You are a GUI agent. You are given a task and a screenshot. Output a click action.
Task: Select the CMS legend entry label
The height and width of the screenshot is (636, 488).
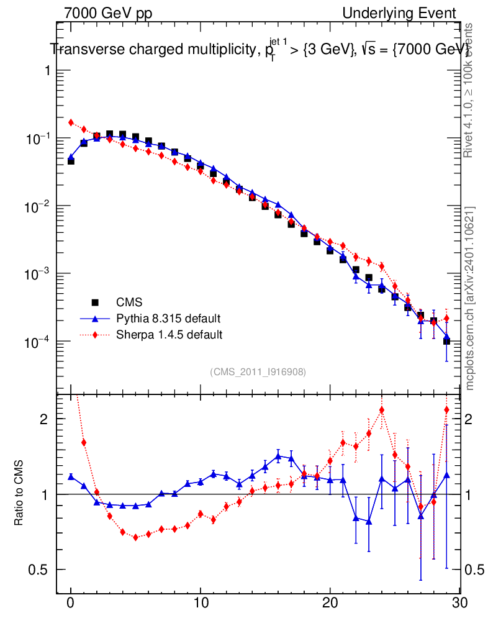pos(130,302)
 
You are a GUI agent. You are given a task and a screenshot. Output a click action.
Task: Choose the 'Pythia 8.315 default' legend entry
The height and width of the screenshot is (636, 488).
pos(168,319)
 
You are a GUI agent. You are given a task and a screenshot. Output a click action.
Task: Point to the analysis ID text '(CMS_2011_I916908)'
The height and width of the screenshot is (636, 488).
pos(258,371)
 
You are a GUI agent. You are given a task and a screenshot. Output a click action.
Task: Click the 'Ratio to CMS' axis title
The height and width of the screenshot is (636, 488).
pos(19,494)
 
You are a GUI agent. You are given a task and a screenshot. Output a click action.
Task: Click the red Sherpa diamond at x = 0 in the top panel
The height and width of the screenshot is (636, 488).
pos(71,122)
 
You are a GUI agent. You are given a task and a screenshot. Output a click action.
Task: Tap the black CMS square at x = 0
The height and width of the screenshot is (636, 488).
pos(71,161)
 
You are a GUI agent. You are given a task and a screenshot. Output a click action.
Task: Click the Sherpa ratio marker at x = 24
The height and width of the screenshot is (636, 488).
pos(382,410)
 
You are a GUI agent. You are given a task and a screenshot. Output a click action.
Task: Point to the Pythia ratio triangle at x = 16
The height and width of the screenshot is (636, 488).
pos(278,456)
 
